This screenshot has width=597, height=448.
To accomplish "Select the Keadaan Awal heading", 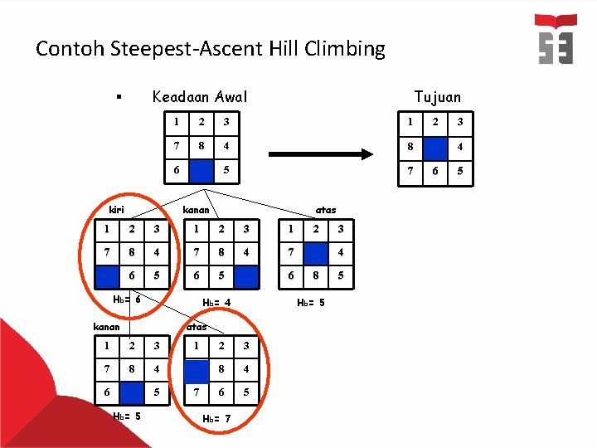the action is click(x=199, y=97).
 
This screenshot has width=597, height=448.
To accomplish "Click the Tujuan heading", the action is click(x=438, y=97).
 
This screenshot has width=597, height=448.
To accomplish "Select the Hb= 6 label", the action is click(x=127, y=299).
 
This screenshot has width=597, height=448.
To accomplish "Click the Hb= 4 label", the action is click(x=216, y=303).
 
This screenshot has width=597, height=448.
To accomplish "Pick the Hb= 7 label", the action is click(x=217, y=418).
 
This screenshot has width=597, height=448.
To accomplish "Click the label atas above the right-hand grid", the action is click(x=325, y=209).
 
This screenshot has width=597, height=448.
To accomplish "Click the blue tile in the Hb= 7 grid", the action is click(x=197, y=368).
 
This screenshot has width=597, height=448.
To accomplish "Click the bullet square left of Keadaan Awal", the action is click(x=119, y=99).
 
